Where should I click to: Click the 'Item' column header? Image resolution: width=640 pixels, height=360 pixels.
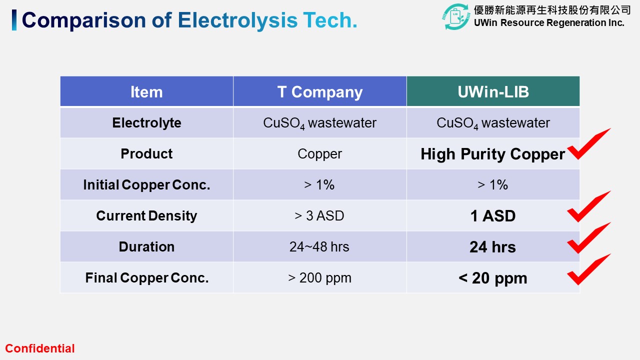146,92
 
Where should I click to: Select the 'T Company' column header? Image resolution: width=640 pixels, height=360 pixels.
319,92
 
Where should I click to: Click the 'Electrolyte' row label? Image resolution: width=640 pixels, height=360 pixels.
146,123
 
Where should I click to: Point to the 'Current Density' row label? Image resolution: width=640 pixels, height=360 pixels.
146,215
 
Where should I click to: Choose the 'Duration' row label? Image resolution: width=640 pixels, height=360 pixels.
146,246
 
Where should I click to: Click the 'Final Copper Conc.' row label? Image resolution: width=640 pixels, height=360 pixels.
147,277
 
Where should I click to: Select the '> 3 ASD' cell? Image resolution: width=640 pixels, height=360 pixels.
319,215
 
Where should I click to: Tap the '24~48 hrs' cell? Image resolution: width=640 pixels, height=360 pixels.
319,246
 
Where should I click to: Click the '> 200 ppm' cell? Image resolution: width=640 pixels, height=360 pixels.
319,277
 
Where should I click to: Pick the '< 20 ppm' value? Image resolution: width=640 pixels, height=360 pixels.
493,278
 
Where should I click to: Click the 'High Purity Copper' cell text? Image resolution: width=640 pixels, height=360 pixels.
493,154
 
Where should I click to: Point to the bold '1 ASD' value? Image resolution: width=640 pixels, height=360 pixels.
493,215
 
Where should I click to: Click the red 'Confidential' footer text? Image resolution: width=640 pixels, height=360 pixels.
40,348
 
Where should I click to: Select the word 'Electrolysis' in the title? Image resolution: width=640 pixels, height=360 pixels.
237,20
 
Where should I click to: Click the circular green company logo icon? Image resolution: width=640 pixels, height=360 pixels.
456,16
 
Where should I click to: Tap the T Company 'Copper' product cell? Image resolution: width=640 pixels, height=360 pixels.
319,154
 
